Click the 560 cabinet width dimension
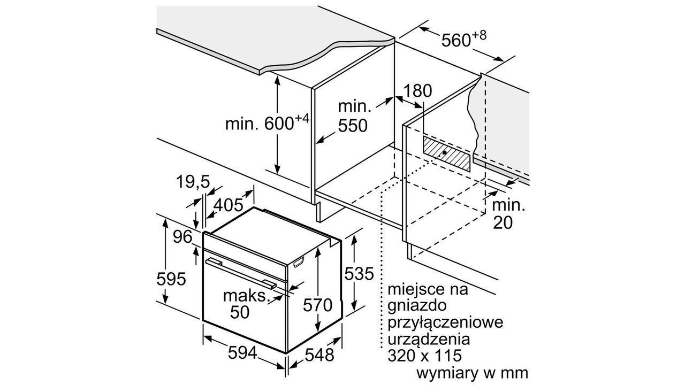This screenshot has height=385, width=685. [x=463, y=39]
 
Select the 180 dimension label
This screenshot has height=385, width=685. [x=418, y=90]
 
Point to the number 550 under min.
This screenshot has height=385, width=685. [x=353, y=126]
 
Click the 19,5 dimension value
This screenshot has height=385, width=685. [x=193, y=182]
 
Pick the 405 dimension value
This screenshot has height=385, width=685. [x=228, y=205]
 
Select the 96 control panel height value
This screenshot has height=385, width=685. [x=182, y=237]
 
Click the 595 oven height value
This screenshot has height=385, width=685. [x=171, y=279]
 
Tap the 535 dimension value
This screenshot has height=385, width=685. [x=359, y=273]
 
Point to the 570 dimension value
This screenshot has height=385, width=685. [x=318, y=305]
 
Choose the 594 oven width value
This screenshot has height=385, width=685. [x=242, y=353]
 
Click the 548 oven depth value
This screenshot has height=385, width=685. [x=319, y=355]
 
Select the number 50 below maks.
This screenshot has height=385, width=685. [x=240, y=312]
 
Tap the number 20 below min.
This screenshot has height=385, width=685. [x=503, y=223]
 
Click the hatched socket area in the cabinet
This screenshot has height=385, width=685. [x=446, y=153]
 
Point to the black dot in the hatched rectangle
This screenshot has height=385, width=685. [x=444, y=152]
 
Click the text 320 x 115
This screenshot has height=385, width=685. [x=424, y=356]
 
